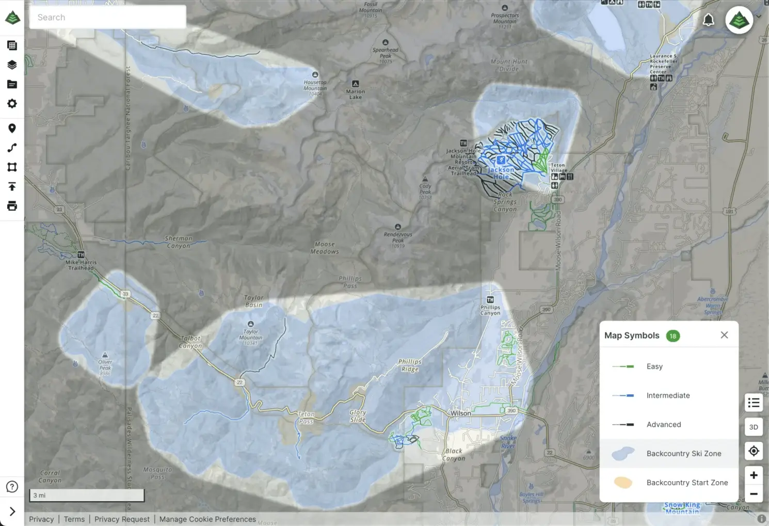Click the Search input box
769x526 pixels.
coord(107,18)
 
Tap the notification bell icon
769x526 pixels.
coord(708,20)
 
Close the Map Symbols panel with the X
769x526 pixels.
coord(724,335)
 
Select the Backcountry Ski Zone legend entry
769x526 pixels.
coord(669,454)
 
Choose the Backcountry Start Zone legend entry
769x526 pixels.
coord(669,483)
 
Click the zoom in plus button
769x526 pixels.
coord(754,475)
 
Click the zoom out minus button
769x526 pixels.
coord(754,494)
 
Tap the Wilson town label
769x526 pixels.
coord(460,413)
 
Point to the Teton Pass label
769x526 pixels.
coord(306,418)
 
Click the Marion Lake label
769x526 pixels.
coord(356,94)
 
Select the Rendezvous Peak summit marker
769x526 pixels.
coord(398,227)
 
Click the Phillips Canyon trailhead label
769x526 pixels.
coord(490,310)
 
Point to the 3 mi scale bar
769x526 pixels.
coord(87,496)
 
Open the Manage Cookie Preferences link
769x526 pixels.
coord(207,519)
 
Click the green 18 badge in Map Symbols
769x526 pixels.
coord(672,336)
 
